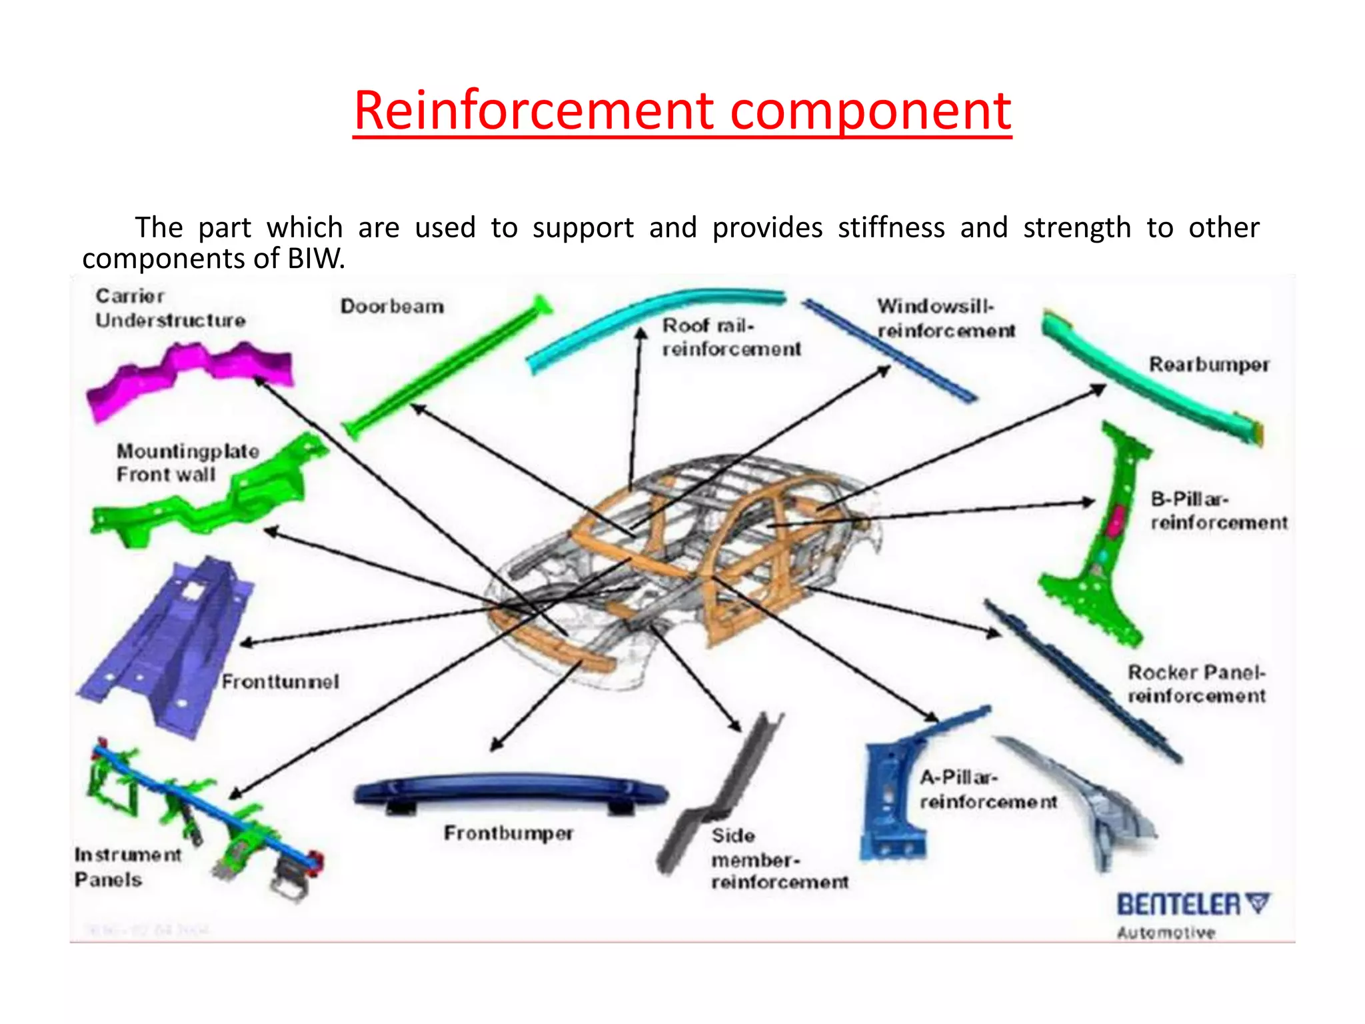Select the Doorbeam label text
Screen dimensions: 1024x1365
coord(392,307)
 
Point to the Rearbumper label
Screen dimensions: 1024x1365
coord(1208,365)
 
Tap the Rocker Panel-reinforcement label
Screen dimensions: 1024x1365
coord(1196,684)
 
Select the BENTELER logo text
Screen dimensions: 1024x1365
coord(1180,905)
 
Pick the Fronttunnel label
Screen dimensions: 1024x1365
coord(280,682)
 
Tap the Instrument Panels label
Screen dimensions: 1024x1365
coord(127,867)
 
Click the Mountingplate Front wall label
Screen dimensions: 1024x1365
coord(187,463)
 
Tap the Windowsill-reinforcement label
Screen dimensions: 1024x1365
coord(945,318)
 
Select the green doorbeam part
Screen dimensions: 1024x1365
coord(447,367)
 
